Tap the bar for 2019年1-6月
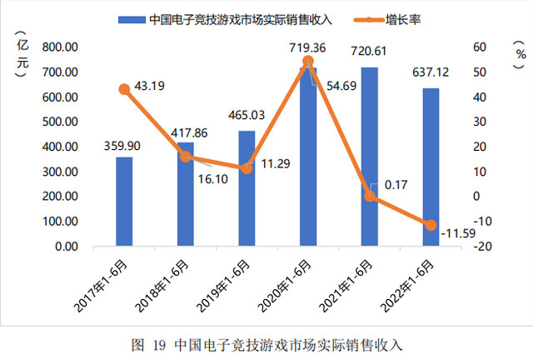(x=247, y=188)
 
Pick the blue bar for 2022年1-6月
(x=431, y=167)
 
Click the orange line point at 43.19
(x=124, y=89)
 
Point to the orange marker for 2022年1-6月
(x=431, y=225)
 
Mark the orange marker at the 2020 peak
(x=308, y=61)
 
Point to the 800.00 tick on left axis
(x=60, y=47)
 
